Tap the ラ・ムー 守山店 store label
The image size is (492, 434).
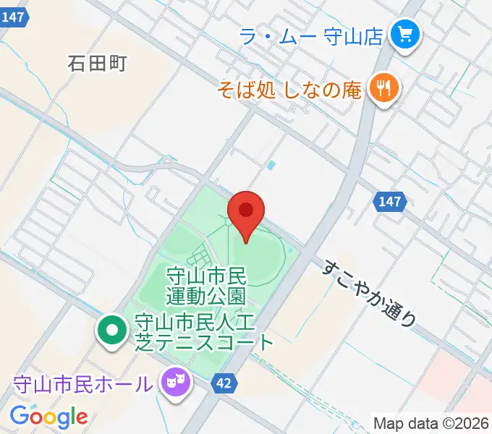tap(310, 36)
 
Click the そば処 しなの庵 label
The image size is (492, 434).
tap(290, 90)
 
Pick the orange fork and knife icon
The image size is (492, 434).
tap(381, 89)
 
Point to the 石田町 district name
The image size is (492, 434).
tap(98, 64)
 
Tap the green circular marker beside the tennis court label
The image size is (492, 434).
tap(111, 332)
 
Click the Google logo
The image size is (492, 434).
tap(48, 417)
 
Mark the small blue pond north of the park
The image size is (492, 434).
tap(271, 166)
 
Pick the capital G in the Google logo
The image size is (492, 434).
tap(20, 416)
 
